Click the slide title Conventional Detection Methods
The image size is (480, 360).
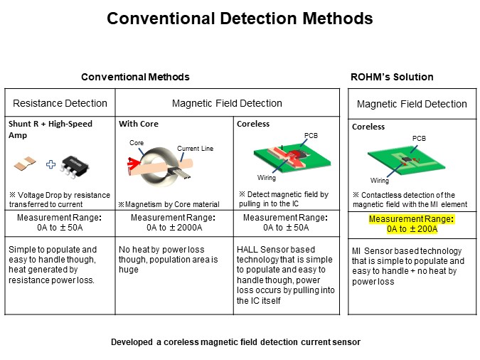pos(240,18)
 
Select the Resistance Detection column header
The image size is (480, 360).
pos(60,103)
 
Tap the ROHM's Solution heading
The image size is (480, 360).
pos(392,77)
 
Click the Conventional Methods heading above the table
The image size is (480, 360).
pos(135,77)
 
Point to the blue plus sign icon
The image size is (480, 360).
pos(51,164)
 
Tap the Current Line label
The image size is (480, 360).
pos(195,148)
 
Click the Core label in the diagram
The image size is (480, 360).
pos(136,142)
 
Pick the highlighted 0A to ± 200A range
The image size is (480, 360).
pos(412,224)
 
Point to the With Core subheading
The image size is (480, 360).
pos(138,124)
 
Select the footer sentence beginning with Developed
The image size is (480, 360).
pos(235,342)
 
